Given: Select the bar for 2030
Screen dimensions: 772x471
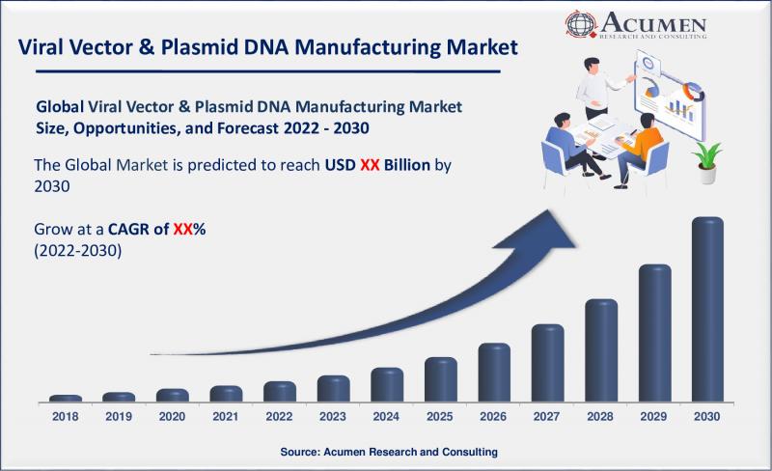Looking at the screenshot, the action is [x=707, y=310].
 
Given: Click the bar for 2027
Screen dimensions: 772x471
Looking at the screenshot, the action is [x=547, y=363].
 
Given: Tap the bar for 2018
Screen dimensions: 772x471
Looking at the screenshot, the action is [x=66, y=399].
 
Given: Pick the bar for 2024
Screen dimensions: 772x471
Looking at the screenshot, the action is [x=387, y=385].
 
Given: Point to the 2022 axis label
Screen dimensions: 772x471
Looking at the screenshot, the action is [x=279, y=416].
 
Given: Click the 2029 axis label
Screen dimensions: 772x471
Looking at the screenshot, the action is [x=653, y=416].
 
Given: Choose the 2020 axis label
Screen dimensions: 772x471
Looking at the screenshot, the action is [x=172, y=416].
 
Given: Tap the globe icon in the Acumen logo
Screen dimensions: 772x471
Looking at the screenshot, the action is [x=581, y=23].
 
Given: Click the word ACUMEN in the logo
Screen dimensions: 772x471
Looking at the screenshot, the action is [x=653, y=22].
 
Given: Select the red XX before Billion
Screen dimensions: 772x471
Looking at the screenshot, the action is [x=370, y=165].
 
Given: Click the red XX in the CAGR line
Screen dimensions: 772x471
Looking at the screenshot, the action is [x=182, y=229].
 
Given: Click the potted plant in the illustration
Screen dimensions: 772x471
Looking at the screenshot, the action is [x=707, y=162].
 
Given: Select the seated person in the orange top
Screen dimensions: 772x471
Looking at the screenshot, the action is [x=640, y=149].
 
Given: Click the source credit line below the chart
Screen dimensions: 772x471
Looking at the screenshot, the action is [x=389, y=452].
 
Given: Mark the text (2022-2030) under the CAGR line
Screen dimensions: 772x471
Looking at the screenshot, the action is [x=78, y=251].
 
